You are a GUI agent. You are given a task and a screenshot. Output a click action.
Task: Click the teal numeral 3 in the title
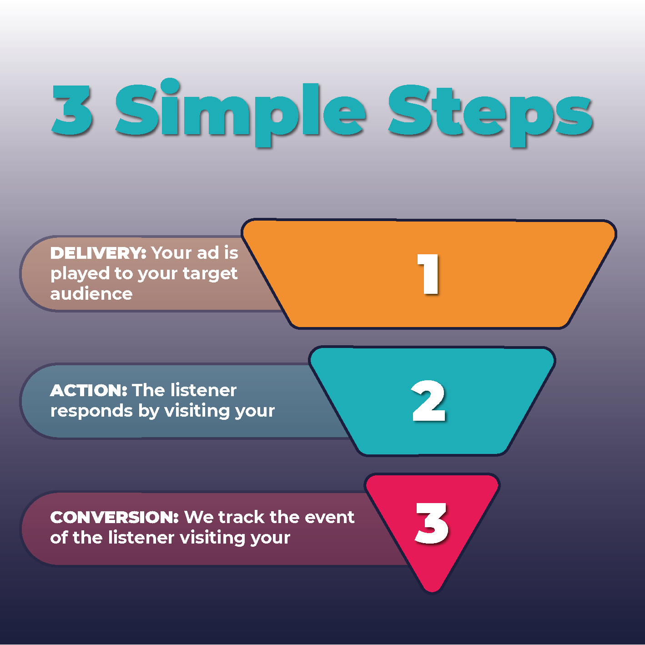click(73, 111)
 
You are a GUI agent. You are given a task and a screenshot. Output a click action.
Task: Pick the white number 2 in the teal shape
click(428, 401)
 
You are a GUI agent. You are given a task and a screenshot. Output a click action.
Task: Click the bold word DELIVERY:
click(98, 253)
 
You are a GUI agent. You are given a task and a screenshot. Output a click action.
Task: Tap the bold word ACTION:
click(89, 390)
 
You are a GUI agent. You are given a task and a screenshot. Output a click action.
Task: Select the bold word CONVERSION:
click(115, 517)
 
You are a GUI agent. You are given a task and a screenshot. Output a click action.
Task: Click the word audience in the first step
click(91, 294)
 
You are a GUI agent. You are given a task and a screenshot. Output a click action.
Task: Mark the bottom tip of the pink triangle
click(432, 590)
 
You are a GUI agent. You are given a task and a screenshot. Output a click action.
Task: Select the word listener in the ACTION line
click(203, 390)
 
